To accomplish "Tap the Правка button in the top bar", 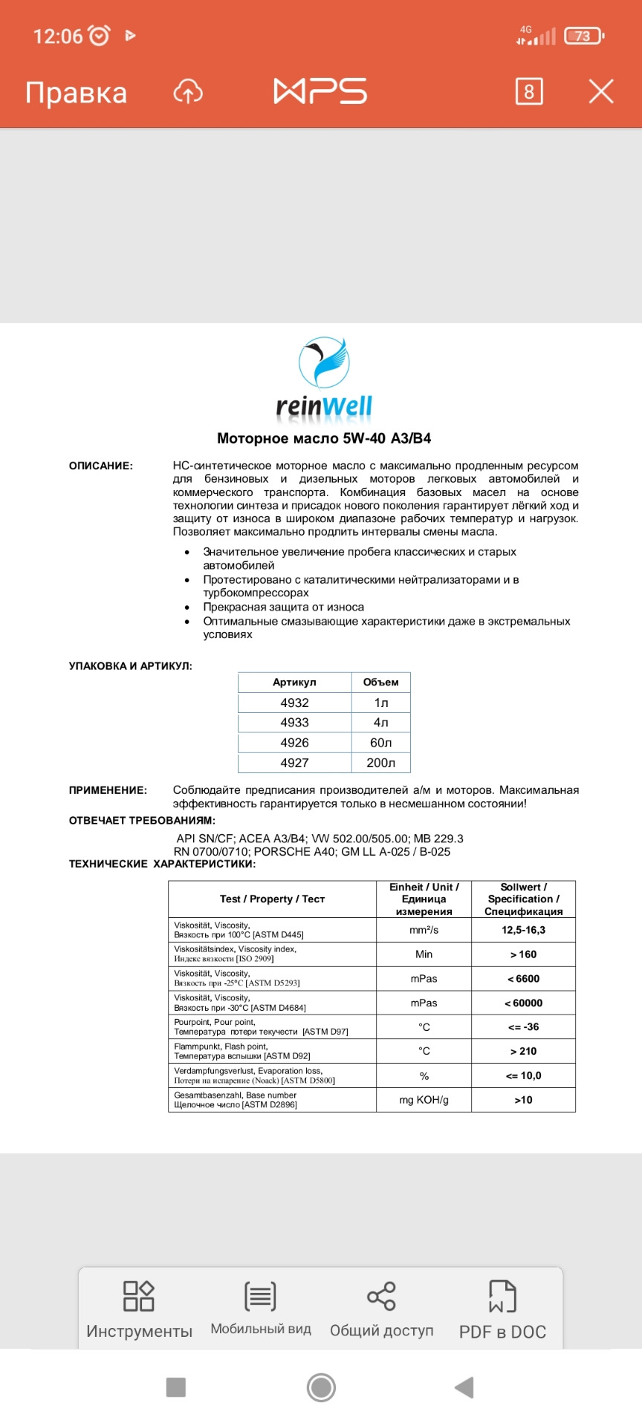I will coord(76,93).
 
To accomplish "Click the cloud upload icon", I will coord(188,92).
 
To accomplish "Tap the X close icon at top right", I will coord(600,91).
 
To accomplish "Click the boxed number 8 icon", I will coord(528,91).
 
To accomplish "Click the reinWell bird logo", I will coord(324,364).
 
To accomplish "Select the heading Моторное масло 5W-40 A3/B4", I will coord(324,438).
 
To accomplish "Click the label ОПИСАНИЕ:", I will coord(101,466).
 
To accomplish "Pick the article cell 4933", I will coord(294,723).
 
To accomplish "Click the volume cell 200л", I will coord(380,763).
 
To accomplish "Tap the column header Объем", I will coord(380,682).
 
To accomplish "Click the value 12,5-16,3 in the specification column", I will coord(523,930).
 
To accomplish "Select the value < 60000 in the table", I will coord(523,1003).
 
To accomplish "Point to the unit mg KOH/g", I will coord(424,1100).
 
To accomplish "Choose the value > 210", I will coord(523,1051).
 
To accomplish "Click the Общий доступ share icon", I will coord(381,1297).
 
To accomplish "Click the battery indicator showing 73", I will coord(583,36).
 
